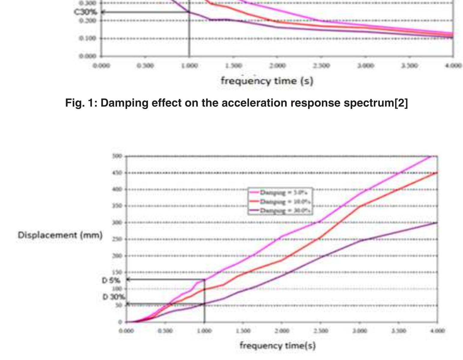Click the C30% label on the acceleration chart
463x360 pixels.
click(86, 12)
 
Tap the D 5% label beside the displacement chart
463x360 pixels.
click(111, 280)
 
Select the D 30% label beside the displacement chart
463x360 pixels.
click(113, 297)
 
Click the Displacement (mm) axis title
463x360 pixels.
click(60, 235)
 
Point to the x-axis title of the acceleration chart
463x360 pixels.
click(267, 81)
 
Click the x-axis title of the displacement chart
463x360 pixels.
click(277, 345)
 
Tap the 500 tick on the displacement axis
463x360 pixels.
click(117, 156)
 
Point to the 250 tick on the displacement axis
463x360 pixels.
click(117, 239)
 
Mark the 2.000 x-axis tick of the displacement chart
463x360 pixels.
click(282, 331)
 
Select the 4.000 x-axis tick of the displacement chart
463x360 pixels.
click(437, 331)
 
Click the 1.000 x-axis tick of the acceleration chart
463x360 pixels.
click(189, 65)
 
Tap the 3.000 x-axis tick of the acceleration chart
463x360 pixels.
click(365, 65)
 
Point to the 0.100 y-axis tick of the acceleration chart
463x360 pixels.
click(88, 38)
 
